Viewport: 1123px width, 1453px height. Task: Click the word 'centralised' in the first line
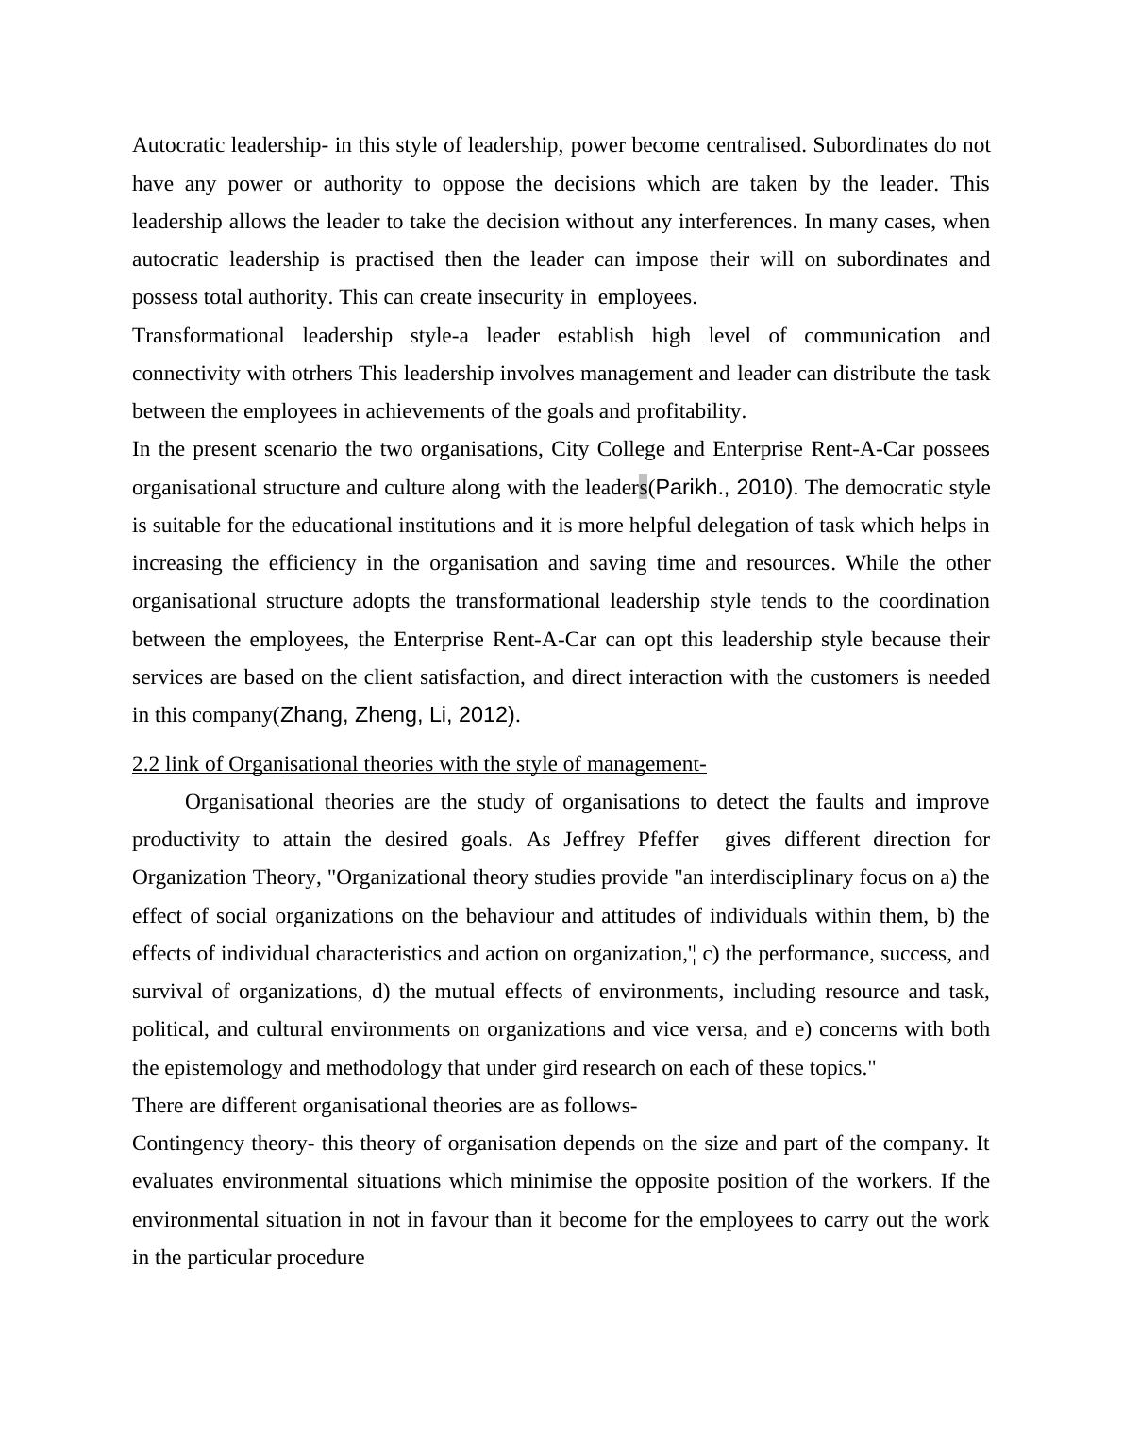coord(752,145)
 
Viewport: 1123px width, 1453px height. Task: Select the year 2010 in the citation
coord(762,488)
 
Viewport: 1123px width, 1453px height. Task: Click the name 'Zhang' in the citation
coord(311,715)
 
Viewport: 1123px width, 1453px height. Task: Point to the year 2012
coord(483,715)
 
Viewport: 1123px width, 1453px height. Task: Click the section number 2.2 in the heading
coord(145,764)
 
